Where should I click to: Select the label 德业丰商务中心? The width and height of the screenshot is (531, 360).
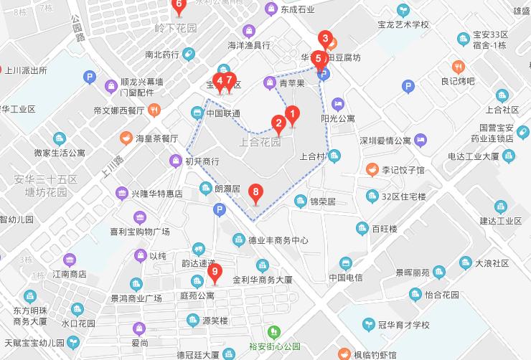coord(278,240)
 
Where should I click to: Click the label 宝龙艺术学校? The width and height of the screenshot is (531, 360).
coord(403,24)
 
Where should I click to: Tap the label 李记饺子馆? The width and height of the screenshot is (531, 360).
coord(403,170)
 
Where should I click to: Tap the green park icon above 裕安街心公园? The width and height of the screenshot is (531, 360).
coord(273,333)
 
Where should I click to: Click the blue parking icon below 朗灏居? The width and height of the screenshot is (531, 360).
coord(219,209)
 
